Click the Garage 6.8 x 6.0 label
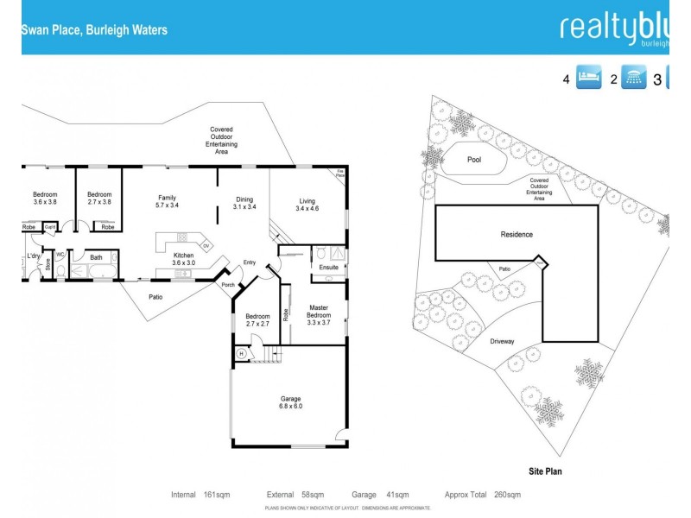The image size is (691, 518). pyautogui.click(x=290, y=402)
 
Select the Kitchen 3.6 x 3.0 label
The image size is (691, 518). pyautogui.click(x=184, y=258)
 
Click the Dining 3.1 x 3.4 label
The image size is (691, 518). pyautogui.click(x=244, y=204)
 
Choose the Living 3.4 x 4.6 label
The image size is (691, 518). pyautogui.click(x=307, y=205)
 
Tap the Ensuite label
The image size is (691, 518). pyautogui.click(x=329, y=268)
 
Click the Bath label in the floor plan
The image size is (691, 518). pyautogui.click(x=96, y=257)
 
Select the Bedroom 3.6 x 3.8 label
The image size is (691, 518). pyautogui.click(x=45, y=198)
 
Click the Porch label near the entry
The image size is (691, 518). pyautogui.click(x=229, y=286)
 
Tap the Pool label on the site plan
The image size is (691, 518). pyautogui.click(x=473, y=160)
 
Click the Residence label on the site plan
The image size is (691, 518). pyautogui.click(x=517, y=234)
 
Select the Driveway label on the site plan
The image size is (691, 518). pyautogui.click(x=502, y=341)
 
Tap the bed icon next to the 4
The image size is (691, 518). pyautogui.click(x=588, y=79)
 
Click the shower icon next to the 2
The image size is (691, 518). pyautogui.click(x=635, y=79)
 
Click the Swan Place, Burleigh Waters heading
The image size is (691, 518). pyautogui.click(x=94, y=30)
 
